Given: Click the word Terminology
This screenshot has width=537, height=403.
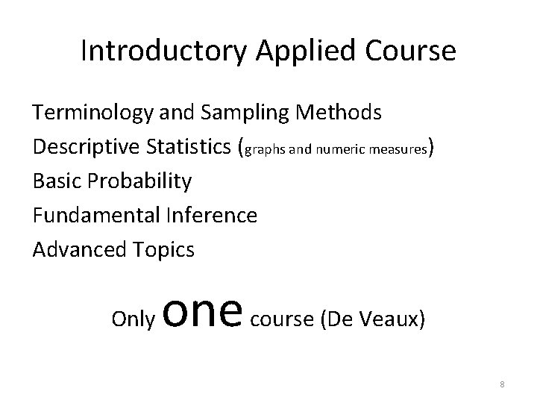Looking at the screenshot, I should (x=94, y=113).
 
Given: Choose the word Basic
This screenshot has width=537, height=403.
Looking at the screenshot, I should (x=56, y=181).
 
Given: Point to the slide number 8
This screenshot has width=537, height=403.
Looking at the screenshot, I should (x=503, y=384).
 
